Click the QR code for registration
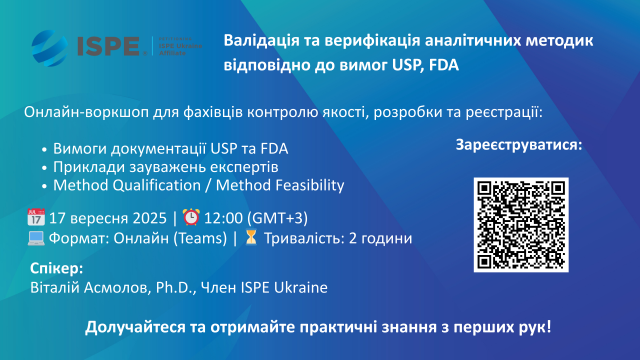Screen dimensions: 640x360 tap(521, 225)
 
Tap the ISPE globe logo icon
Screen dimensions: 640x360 tap(49, 48)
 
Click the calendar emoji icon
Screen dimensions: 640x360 tap(36, 217)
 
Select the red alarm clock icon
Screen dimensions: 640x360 tap(191, 217)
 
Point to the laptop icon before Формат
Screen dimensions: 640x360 tap(36, 238)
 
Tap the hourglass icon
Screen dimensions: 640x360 tap(251, 237)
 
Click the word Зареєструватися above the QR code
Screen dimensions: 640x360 tap(518, 145)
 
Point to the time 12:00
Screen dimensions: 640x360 tap(223, 218)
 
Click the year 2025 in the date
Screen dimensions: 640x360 tap(149, 218)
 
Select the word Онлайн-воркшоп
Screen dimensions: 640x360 tap(86, 112)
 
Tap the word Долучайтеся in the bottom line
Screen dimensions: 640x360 tap(135, 327)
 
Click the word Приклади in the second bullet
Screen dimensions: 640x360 tap(89, 167)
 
